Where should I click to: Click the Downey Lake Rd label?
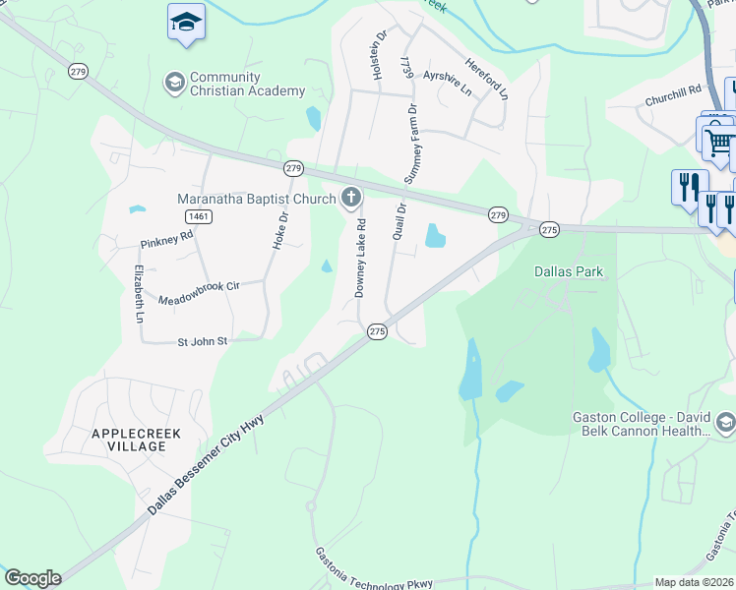coord(360,259)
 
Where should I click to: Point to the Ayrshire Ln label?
coord(447,76)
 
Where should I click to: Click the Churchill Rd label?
coord(673,88)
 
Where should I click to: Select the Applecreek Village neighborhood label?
coord(129,440)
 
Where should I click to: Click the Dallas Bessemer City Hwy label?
coord(206,464)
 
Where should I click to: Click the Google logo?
coord(32,578)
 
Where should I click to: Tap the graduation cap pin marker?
coord(184,21)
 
